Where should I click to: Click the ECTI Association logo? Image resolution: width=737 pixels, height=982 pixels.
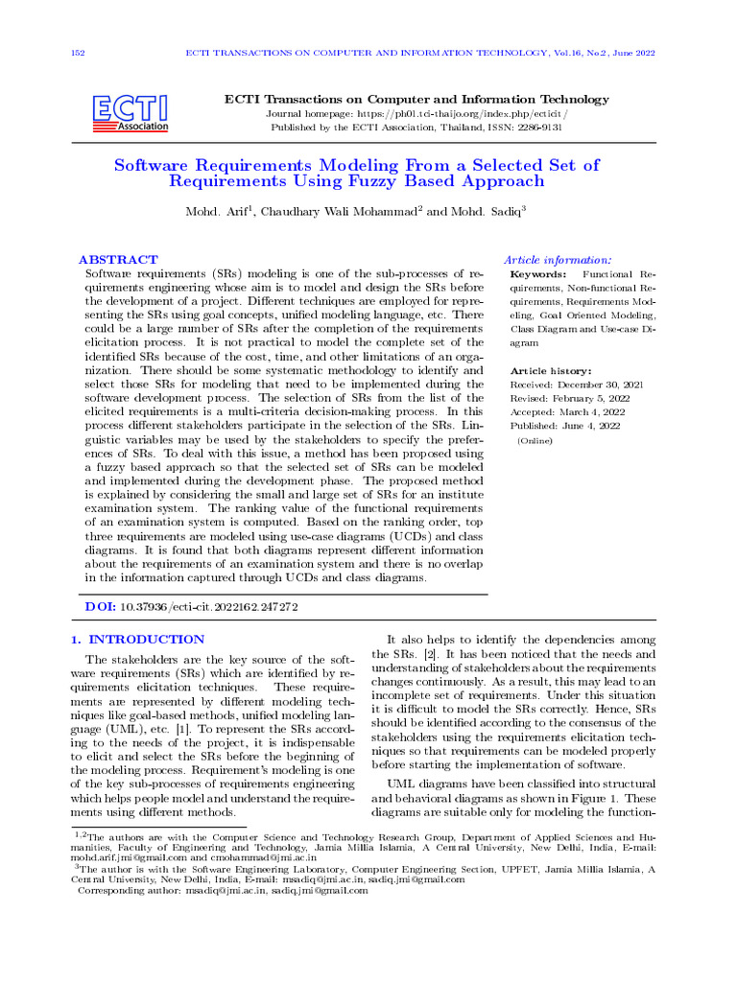[131, 112]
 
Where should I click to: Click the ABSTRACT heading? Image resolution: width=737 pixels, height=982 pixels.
[118, 260]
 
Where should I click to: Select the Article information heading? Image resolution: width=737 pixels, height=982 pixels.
[558, 260]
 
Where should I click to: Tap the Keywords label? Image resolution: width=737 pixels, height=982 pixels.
[537, 274]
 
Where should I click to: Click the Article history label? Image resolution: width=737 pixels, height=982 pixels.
[551, 370]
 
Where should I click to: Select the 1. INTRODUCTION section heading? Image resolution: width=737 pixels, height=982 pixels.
[139, 639]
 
